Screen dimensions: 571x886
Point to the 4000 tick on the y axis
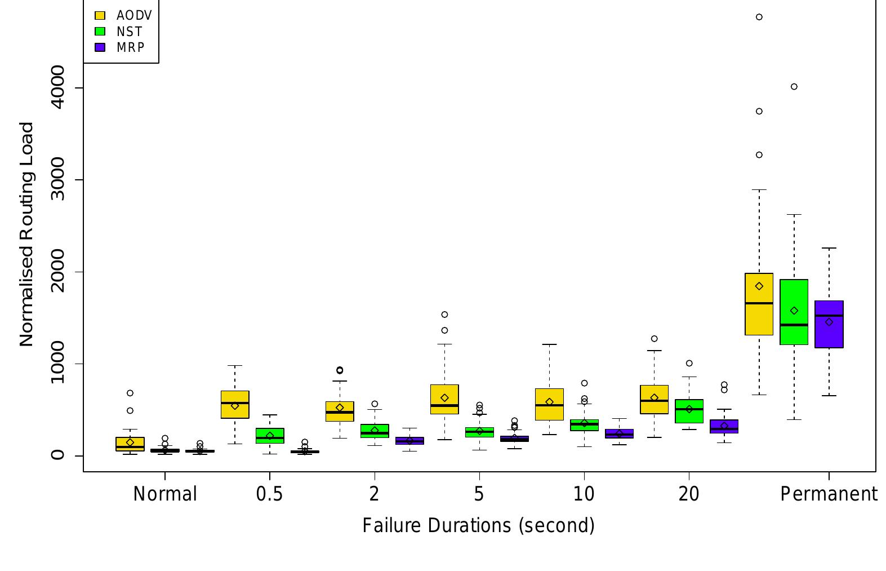click(57, 87)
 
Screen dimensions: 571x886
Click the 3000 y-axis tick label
click(57, 180)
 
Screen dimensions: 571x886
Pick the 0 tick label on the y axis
click(57, 455)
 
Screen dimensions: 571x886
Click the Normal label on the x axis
click(165, 494)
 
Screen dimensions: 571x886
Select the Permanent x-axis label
click(828, 494)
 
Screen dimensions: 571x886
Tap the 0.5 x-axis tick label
click(269, 494)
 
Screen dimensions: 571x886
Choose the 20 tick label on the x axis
click(688, 494)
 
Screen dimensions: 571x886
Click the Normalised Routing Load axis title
click(26, 234)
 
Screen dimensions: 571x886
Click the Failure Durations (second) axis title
click(478, 525)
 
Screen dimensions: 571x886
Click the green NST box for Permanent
click(794, 333)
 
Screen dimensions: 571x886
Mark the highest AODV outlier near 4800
click(759, 17)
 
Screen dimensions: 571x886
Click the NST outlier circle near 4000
click(794, 87)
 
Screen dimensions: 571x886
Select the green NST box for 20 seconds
click(689, 417)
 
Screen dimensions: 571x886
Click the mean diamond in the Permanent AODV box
click(759, 286)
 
